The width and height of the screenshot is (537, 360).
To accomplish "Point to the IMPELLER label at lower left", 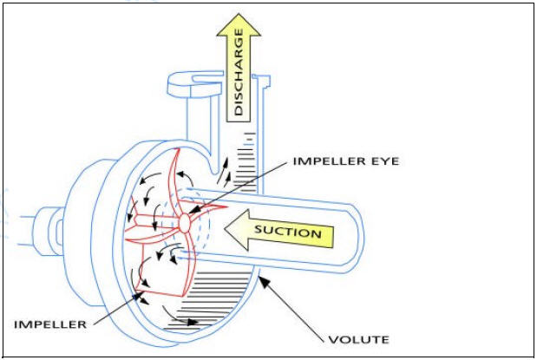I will coord(50,324).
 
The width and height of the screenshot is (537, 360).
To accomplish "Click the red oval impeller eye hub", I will coord(184,221).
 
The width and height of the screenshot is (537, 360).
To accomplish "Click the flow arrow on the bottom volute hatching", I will coord(187,322).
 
